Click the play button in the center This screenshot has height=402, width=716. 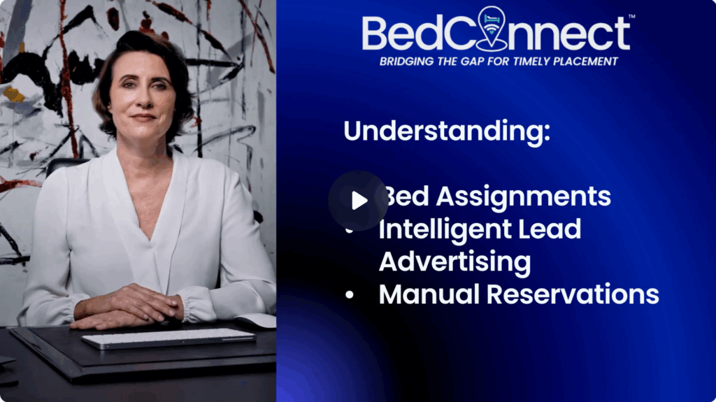click(x=358, y=201)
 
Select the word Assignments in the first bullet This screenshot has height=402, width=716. click(x=523, y=197)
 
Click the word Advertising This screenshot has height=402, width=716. click(x=454, y=261)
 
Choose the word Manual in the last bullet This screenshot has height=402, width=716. click(x=429, y=294)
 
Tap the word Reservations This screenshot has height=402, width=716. click(x=573, y=294)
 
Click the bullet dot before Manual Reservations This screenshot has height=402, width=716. click(x=350, y=295)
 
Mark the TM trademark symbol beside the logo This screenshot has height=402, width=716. click(x=631, y=17)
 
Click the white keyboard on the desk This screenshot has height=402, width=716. click(x=168, y=338)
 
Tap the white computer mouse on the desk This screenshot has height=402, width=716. click(x=257, y=321)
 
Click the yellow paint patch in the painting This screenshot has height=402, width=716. click(x=13, y=94)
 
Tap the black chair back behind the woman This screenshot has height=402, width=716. click(x=64, y=166)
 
